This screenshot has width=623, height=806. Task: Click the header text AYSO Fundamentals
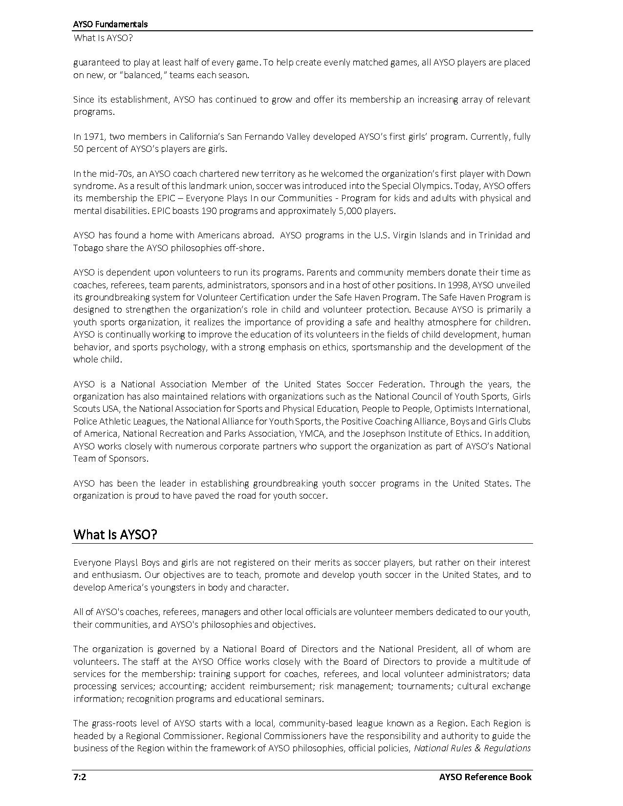[110, 24]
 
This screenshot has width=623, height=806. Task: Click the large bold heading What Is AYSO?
[115, 534]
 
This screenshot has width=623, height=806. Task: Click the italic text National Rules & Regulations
[472, 748]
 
